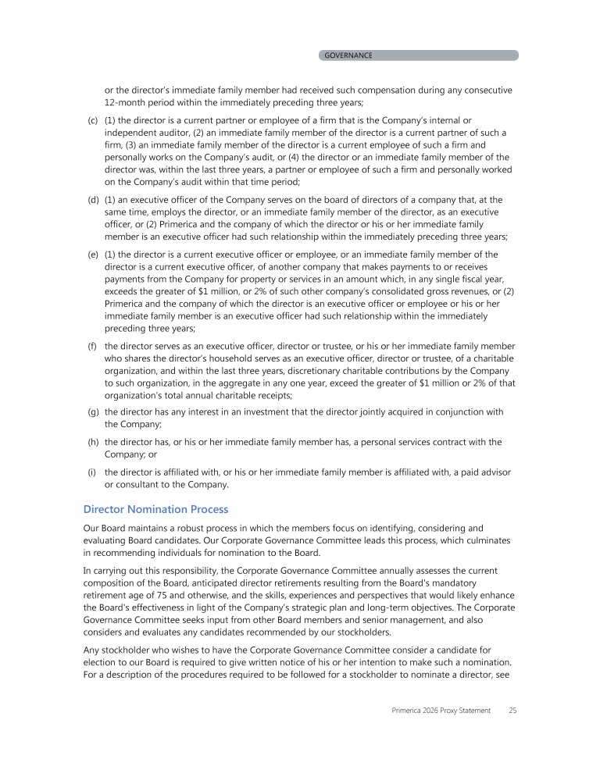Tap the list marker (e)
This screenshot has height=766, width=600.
[92, 254]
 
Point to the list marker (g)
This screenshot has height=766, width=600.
[92, 412]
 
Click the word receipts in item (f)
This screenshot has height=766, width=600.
[245, 396]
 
